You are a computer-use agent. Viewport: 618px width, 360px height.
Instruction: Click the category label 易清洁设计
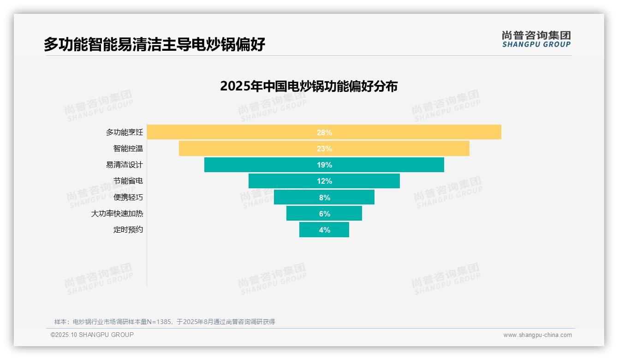125,165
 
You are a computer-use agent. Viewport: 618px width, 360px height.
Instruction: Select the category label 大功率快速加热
117,214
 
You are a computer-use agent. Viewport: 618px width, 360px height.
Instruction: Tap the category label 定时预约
128,229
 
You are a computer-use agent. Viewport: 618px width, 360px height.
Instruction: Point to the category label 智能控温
128,149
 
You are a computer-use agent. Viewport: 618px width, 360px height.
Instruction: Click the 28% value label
324,132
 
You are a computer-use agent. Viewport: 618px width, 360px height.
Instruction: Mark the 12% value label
324,181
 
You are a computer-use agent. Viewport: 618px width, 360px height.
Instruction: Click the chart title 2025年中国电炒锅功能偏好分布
309,86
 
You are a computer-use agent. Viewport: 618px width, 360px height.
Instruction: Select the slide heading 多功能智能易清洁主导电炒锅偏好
154,44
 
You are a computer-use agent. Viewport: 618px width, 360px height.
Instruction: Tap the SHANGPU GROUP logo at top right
536,39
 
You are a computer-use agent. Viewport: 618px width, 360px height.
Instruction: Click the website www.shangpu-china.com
537,335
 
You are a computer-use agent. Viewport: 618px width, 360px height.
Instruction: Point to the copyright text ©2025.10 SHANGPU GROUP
92,335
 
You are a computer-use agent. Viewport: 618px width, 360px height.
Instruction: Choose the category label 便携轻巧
128,197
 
